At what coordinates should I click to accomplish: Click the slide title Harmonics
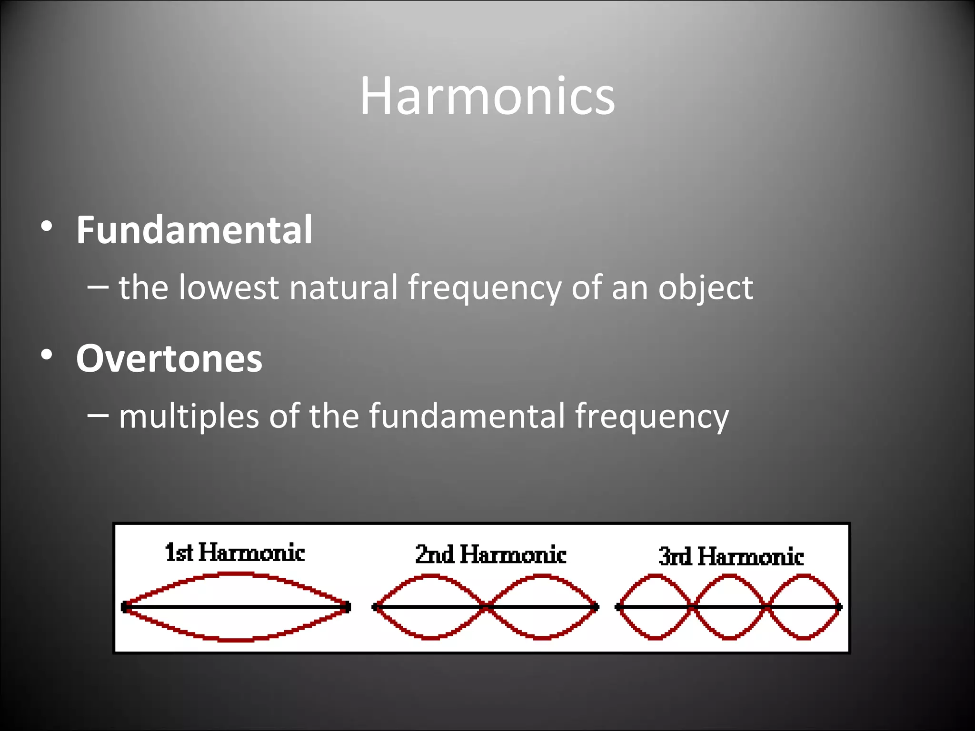pyautogui.click(x=487, y=97)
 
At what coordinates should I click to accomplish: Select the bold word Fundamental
pyautogui.click(x=194, y=230)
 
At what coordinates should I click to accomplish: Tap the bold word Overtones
pyautogui.click(x=169, y=358)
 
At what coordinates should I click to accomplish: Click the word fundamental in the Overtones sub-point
pyautogui.click(x=467, y=416)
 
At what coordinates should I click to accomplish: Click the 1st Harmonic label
pyautogui.click(x=235, y=553)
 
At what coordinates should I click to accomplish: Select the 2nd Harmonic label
pyautogui.click(x=490, y=555)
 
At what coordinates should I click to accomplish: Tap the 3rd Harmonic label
pyautogui.click(x=731, y=556)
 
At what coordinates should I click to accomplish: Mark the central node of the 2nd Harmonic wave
pyautogui.click(x=487, y=607)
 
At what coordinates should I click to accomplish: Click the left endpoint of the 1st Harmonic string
pyautogui.click(x=125, y=607)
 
